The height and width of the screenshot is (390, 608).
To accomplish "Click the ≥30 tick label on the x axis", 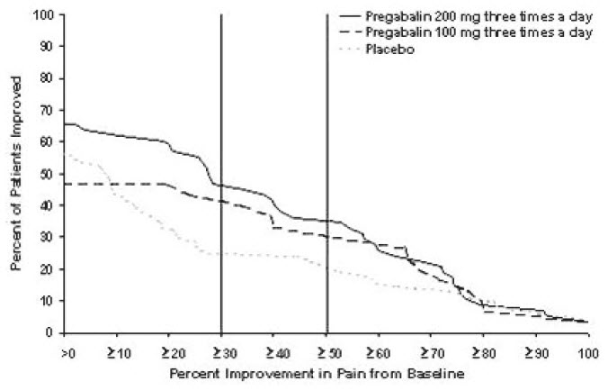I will tap(221, 350).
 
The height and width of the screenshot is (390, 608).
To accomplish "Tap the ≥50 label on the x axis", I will tap(326, 350).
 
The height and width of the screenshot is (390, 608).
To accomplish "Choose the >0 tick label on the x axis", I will tap(66, 350).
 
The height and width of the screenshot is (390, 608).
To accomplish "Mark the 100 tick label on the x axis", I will tap(588, 350).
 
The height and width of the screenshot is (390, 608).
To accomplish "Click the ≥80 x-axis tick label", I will tap(483, 350).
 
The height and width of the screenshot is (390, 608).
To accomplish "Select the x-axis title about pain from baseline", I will tap(326, 371).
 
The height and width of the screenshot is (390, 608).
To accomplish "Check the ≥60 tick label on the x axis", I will tap(379, 350).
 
